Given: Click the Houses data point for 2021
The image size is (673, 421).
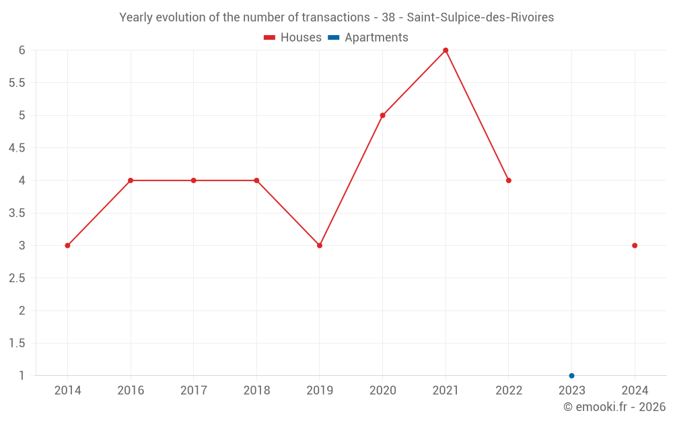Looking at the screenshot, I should click(446, 51).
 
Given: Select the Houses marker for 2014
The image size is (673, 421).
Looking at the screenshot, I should click(67, 245).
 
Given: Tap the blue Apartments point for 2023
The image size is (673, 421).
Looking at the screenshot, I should click(571, 375).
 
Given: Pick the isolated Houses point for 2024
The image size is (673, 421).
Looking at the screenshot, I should click(635, 245).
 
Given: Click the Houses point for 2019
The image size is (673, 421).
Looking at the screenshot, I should click(320, 245).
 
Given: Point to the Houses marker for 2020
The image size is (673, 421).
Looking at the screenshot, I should click(382, 115).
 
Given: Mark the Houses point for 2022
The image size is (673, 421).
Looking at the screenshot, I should click(509, 181).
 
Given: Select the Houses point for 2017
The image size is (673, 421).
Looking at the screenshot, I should click(193, 181).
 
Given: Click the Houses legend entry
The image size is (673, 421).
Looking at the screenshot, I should click(292, 38).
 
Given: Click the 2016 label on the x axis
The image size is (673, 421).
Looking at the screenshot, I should click(131, 390).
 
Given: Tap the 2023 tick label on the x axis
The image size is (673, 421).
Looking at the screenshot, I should click(571, 390).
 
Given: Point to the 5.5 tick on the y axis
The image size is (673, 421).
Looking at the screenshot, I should click(17, 83).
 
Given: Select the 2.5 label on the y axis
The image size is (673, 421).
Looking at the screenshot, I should click(17, 278).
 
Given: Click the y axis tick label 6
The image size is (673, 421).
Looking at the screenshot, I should click(22, 51).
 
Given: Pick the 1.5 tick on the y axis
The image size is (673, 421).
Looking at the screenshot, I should click(17, 343).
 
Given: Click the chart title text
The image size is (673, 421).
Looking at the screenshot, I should click(336, 18).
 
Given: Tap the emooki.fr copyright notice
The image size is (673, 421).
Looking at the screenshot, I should click(614, 407).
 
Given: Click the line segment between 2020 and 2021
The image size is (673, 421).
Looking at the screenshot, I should click(414, 83).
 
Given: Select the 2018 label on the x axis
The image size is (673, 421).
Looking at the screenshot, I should click(256, 390).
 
